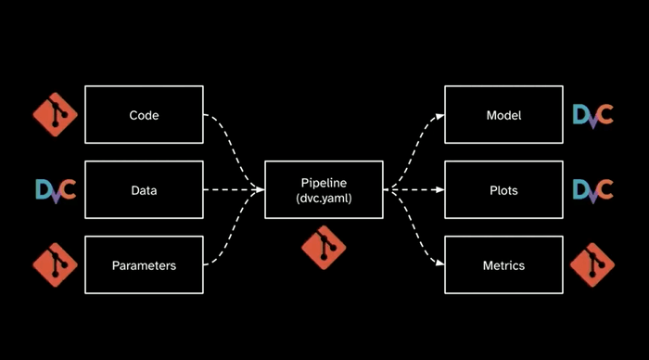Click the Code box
[144, 116]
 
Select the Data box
[144, 190]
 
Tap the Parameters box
[144, 265]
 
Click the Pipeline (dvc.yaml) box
[324, 190]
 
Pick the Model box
[503, 116]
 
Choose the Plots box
[503, 190]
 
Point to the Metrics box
[503, 265]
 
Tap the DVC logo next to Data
[56, 190]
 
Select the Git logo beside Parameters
[56, 265]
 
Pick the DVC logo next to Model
[592, 116]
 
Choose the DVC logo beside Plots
[592, 190]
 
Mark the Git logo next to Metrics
[592, 265]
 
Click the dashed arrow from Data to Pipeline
[232, 190]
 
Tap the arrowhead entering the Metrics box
[439, 265]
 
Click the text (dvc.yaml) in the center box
[324, 199]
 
